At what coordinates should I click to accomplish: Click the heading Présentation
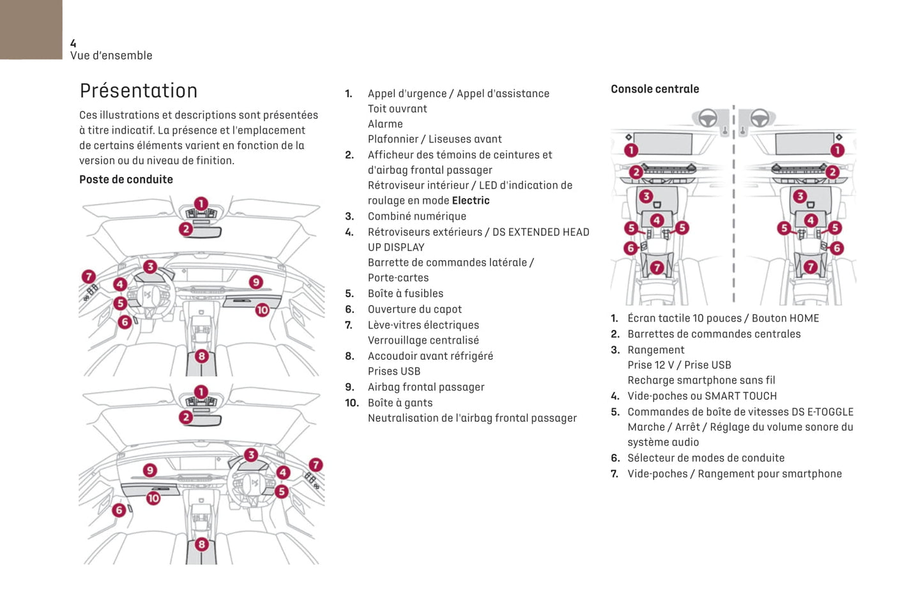(x=138, y=91)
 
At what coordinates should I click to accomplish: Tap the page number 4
(x=73, y=43)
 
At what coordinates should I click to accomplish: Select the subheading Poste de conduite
(x=126, y=180)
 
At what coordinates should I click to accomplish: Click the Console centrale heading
(x=655, y=89)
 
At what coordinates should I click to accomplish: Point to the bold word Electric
(x=471, y=201)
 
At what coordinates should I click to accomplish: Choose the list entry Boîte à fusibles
(x=405, y=293)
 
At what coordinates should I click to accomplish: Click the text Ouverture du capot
(x=415, y=309)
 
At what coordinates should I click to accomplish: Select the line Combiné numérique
(x=416, y=217)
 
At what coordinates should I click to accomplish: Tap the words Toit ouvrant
(x=397, y=109)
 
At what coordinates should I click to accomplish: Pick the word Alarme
(x=385, y=124)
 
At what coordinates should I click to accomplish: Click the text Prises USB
(x=393, y=371)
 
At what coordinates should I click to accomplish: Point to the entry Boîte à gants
(x=400, y=403)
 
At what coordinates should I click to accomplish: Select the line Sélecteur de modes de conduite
(x=706, y=458)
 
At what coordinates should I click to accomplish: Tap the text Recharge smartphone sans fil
(x=701, y=380)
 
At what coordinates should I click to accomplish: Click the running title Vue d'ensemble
(x=111, y=56)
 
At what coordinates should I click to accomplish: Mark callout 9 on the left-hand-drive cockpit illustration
(x=256, y=282)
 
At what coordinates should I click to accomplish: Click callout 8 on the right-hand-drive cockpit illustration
(x=201, y=544)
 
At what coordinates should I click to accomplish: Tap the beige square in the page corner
(x=31, y=29)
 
